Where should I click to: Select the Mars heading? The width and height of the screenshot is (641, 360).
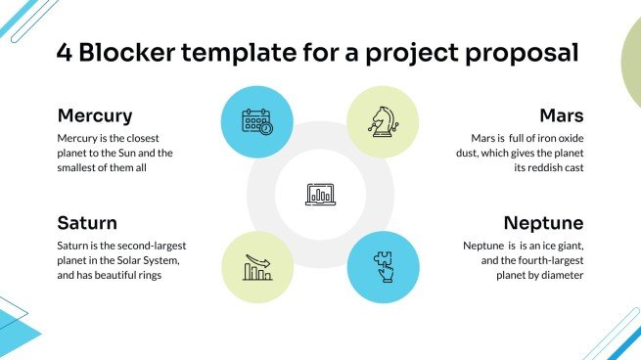562,115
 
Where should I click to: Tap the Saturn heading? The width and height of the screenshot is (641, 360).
87,222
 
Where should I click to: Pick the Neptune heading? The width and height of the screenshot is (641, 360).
542,222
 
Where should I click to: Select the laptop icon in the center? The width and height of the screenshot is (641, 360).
320,194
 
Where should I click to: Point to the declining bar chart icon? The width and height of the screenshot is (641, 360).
257,266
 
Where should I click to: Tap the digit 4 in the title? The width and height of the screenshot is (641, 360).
65,53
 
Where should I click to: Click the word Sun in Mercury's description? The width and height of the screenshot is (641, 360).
126,153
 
